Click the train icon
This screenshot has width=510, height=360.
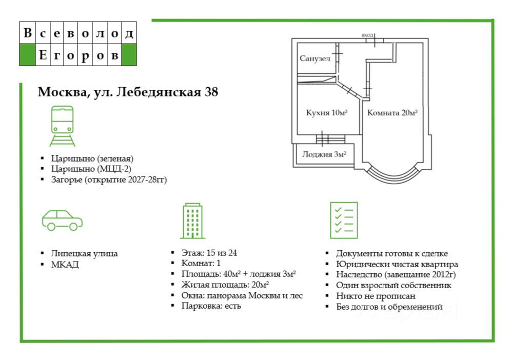click(x=62, y=126)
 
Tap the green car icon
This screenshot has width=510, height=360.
click(x=62, y=219)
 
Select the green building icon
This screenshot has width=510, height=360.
click(x=192, y=221)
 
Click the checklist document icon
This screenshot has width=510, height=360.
click(x=343, y=219)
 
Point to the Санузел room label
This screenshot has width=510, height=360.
click(x=315, y=58)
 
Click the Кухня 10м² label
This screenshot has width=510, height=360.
click(x=327, y=113)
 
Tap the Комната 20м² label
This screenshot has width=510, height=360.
click(x=392, y=113)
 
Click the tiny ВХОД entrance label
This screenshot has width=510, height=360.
click(x=367, y=35)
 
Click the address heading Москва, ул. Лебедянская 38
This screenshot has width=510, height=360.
click(x=128, y=92)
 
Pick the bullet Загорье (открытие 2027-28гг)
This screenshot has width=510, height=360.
click(x=109, y=179)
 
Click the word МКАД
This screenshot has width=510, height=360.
click(x=65, y=265)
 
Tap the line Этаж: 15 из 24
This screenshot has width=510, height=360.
click(x=209, y=253)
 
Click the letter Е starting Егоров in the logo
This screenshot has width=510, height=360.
click(x=43, y=55)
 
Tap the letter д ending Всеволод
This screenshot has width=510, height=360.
click(x=129, y=34)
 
